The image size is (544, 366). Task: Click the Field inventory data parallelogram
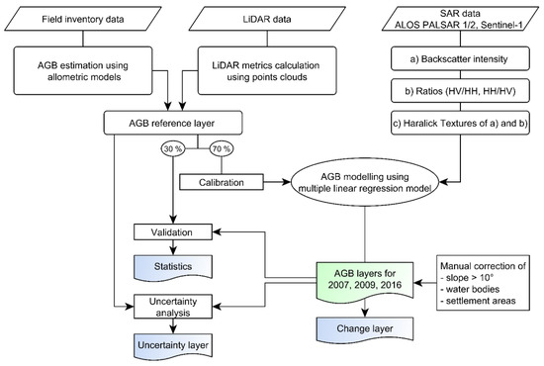[x=83, y=19]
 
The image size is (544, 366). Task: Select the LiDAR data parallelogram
[x=267, y=19]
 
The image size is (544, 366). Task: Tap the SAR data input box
[x=460, y=19]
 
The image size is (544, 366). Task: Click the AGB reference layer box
[x=173, y=123]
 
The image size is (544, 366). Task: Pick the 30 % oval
[x=173, y=148]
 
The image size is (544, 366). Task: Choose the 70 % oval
[x=222, y=148]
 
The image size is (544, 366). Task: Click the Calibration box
[x=222, y=182]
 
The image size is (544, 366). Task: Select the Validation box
[x=173, y=232]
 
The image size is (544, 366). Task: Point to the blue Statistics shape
[x=173, y=266]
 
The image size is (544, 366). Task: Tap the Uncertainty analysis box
[x=173, y=307]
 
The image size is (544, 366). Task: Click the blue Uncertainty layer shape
[x=173, y=345]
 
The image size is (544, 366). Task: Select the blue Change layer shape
[x=365, y=328]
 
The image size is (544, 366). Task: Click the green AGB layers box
[x=365, y=279]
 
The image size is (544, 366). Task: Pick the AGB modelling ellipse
[x=365, y=182]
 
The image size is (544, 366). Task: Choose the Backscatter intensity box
[x=460, y=59]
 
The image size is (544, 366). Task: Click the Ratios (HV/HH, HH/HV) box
[x=460, y=91]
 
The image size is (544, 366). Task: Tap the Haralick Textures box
[x=460, y=123]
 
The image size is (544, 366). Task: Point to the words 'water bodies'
[x=473, y=289]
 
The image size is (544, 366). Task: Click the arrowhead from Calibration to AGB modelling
[x=287, y=182]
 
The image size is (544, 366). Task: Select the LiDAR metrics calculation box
[x=267, y=71]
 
